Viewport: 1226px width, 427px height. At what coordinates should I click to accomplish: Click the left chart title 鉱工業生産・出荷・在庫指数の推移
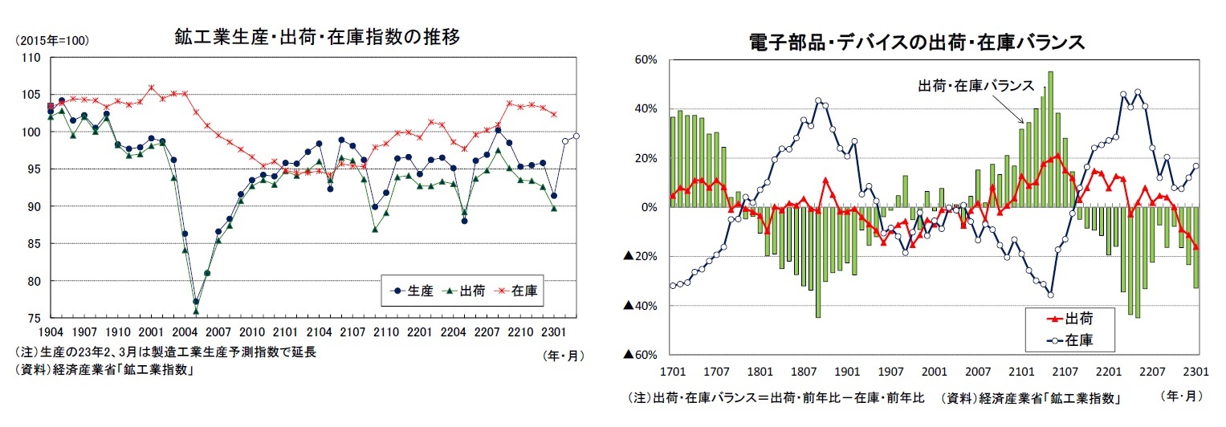[317, 37]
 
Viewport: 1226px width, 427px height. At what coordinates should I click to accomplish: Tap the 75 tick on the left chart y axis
[32, 319]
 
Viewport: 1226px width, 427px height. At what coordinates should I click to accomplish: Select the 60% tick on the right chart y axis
[647, 59]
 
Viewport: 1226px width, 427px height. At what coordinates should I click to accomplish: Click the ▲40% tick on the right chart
[642, 306]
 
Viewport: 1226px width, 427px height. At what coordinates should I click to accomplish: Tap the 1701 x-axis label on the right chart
[672, 372]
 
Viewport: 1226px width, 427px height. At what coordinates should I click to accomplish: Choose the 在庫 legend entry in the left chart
[526, 292]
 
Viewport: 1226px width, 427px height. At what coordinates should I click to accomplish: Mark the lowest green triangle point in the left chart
[196, 311]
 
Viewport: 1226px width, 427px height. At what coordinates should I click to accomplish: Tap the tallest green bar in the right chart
[1051, 139]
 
